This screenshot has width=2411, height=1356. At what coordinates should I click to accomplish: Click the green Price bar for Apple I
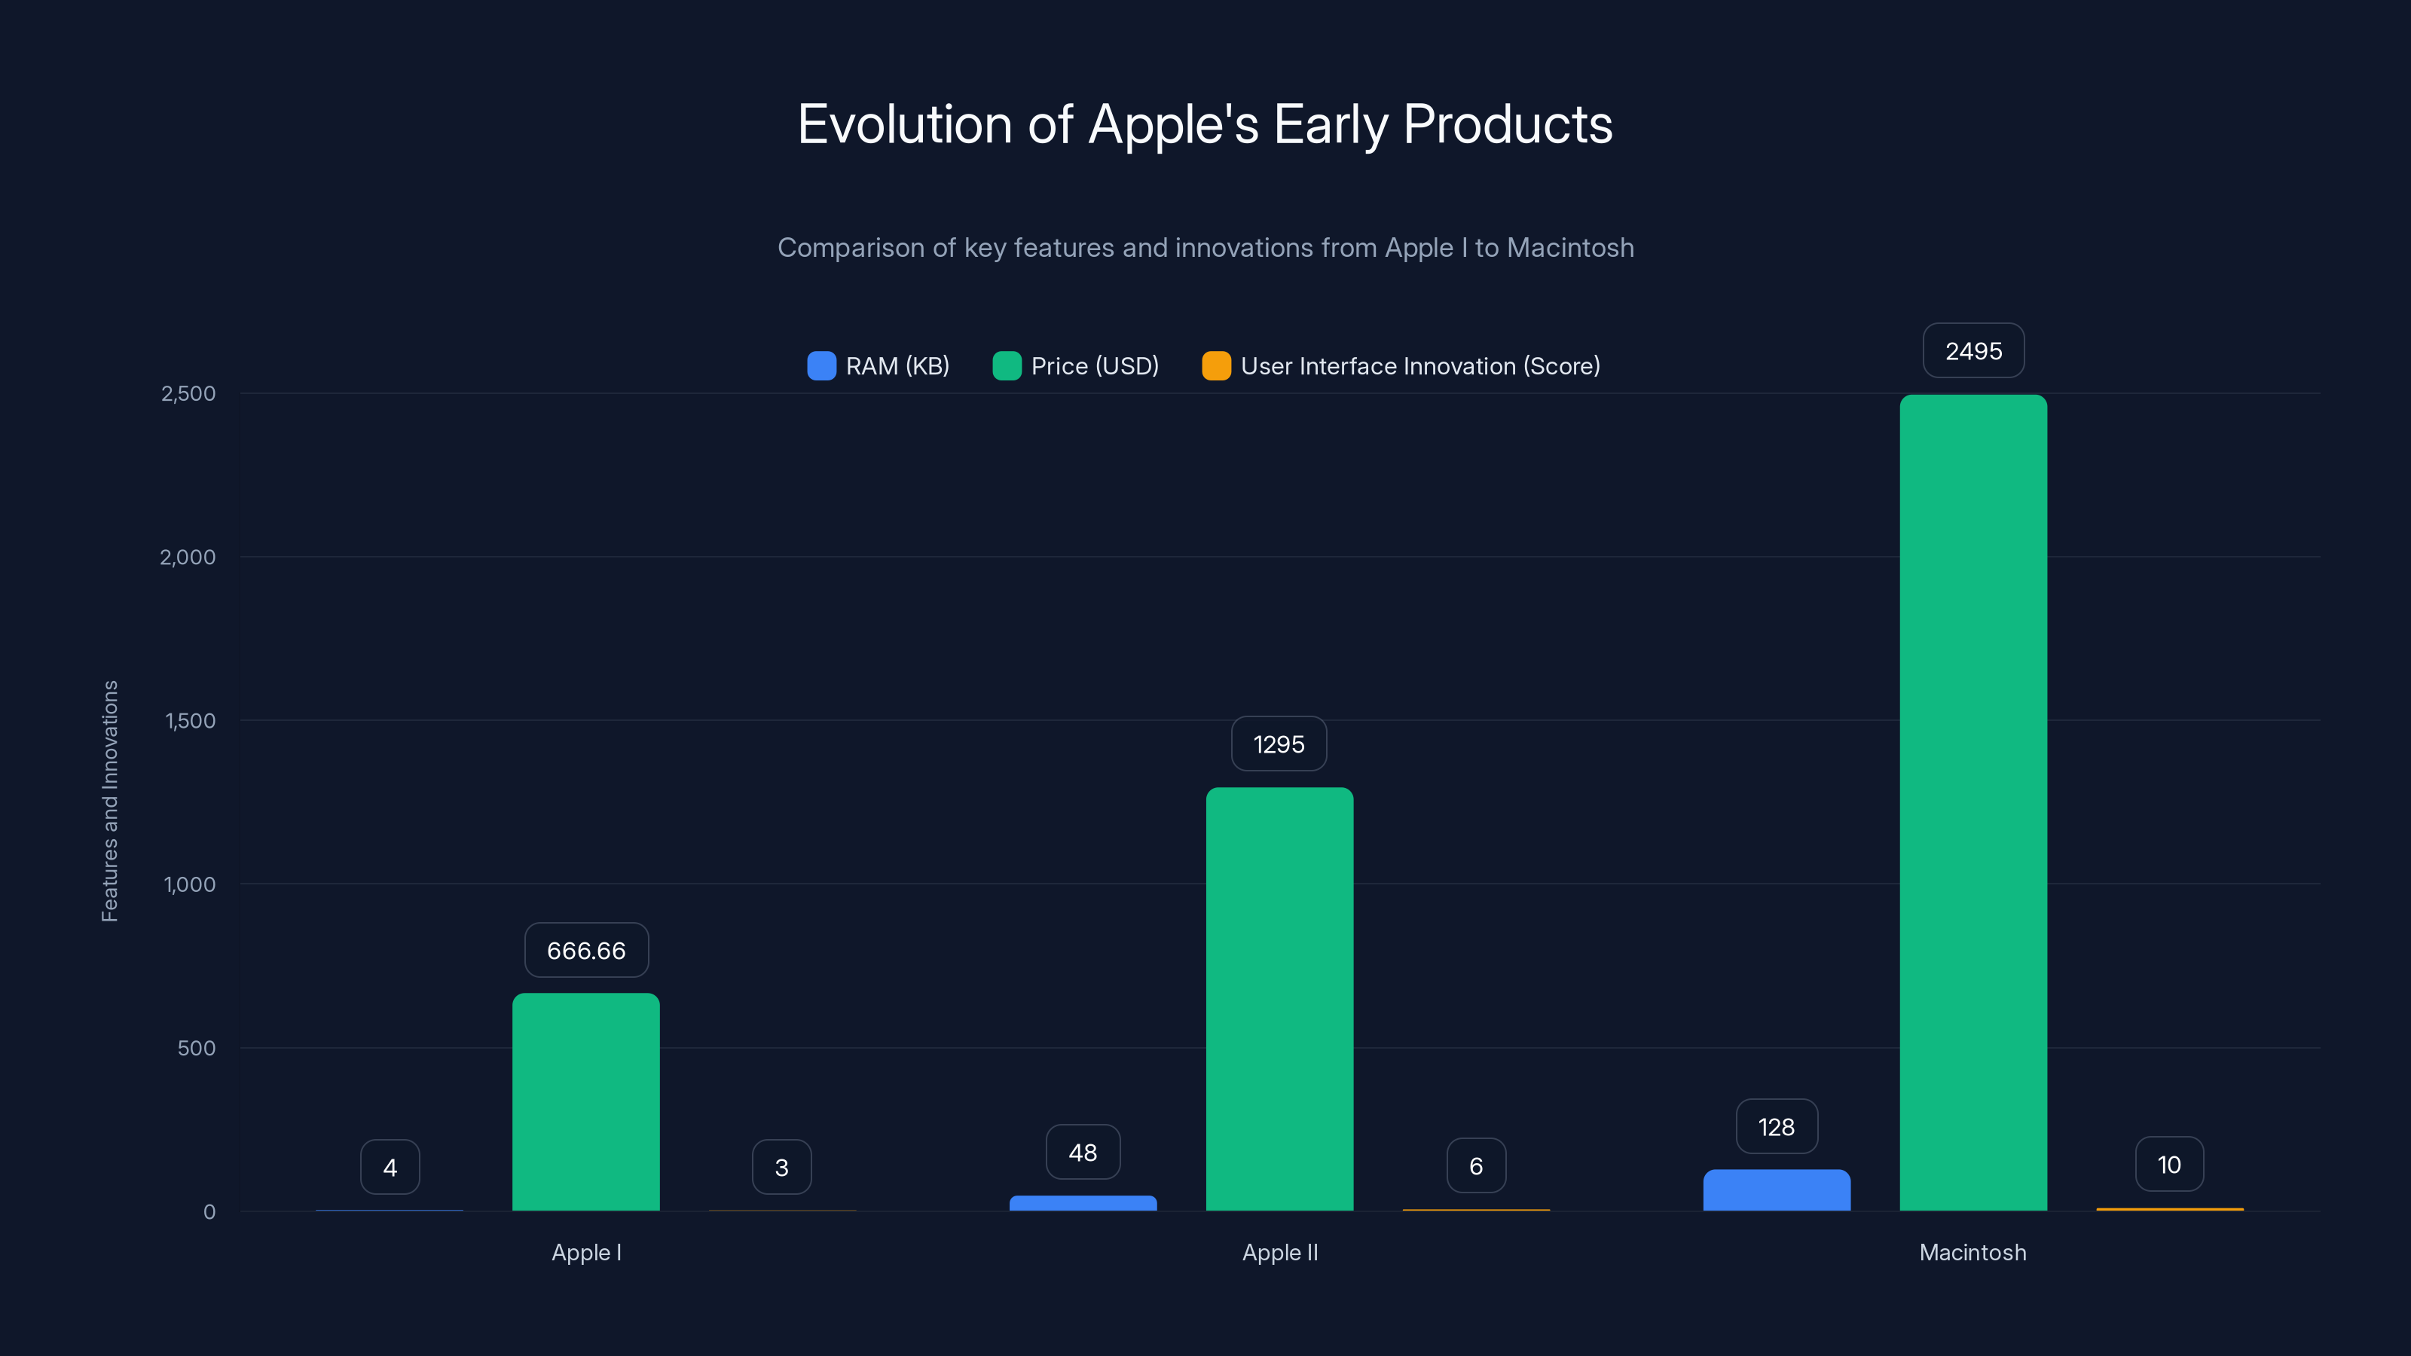pos(586,1101)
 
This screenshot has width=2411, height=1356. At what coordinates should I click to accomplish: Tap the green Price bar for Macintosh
pos(1973,802)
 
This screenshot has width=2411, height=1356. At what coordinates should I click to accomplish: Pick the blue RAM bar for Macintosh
pos(1777,1190)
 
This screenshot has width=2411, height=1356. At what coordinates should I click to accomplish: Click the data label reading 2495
pos(1973,351)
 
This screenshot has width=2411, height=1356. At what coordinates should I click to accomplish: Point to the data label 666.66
pos(586,950)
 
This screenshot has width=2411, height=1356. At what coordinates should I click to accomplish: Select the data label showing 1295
pos(1279,744)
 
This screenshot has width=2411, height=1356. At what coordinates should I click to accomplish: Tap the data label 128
pos(1777,1127)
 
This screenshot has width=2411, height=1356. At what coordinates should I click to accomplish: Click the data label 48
pos(1083,1152)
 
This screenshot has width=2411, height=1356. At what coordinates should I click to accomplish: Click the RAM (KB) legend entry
pos(879,366)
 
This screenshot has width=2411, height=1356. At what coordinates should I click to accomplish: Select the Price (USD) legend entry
pos(1077,366)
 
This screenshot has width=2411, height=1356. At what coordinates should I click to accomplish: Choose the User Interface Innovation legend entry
pos(1401,366)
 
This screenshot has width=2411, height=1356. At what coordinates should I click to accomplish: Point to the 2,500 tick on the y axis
pos(188,393)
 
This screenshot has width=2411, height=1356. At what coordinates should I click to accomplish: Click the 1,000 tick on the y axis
pos(189,884)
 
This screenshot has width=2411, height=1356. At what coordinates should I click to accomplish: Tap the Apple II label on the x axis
pos(1279,1252)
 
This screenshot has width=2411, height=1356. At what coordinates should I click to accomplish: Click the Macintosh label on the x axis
pos(1972,1252)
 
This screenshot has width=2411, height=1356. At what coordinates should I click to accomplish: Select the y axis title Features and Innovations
pos(109,801)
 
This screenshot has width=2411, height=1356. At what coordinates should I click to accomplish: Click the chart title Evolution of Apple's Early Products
pos(1205,124)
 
